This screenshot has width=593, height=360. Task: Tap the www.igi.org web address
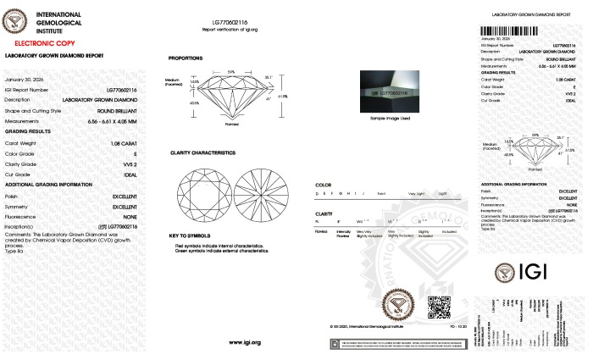coord(245,342)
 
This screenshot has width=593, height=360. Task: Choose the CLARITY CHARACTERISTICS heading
coord(202,152)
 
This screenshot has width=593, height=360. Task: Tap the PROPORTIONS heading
coord(185,58)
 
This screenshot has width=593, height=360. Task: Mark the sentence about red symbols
coord(219,245)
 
